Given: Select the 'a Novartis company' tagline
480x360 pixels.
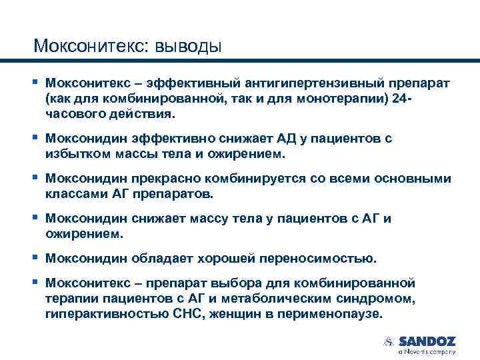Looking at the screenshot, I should [x=427, y=351].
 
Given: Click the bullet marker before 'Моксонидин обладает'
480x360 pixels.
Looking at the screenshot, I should [x=36, y=257].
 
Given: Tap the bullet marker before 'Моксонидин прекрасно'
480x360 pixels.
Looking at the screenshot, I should [x=36, y=178].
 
